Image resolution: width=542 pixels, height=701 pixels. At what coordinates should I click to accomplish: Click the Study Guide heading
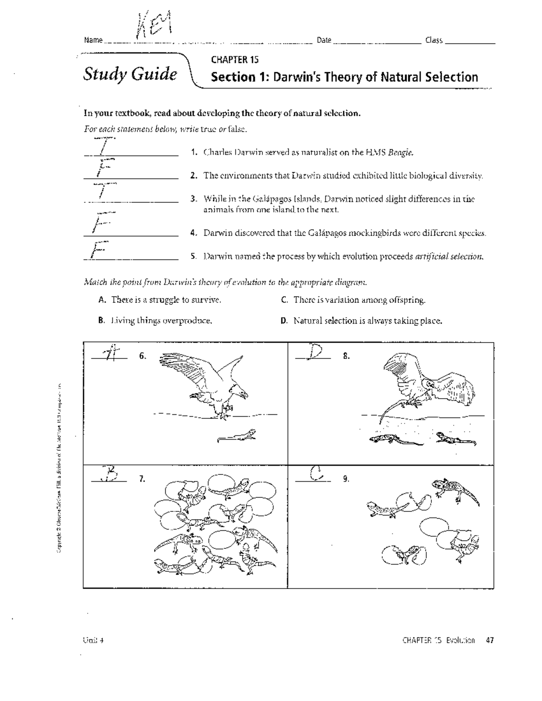coord(130,74)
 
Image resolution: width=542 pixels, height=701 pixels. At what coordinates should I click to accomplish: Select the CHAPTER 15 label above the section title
coord(234,60)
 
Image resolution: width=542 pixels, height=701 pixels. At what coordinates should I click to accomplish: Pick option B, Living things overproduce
coord(155,321)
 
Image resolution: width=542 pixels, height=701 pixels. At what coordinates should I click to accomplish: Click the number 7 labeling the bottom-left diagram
coord(142,479)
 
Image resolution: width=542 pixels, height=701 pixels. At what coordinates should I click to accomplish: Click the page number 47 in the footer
coord(490,640)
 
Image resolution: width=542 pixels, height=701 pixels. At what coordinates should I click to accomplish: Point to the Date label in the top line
coord(324,40)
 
